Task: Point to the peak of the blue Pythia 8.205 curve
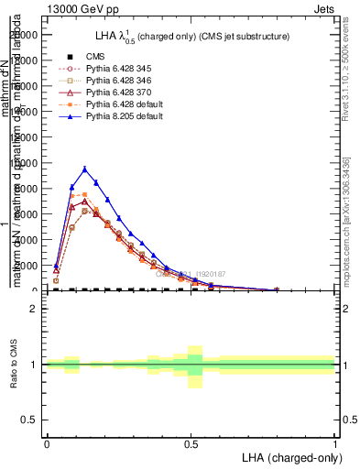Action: [84, 169]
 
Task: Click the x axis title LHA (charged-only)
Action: [289, 458]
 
